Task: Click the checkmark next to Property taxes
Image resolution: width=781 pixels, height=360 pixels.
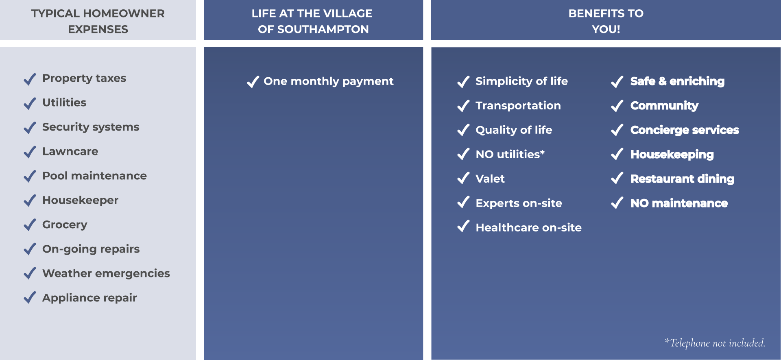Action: [30, 79]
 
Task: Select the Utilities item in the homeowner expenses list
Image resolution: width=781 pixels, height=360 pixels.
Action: [64, 103]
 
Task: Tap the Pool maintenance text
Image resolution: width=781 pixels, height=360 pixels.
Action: [94, 176]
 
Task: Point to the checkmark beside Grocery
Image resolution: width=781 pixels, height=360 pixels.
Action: [30, 225]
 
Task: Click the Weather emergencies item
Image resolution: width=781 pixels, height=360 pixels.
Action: [106, 274]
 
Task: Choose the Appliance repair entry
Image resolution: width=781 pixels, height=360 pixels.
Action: [89, 298]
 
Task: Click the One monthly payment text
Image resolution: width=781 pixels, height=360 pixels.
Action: [329, 82]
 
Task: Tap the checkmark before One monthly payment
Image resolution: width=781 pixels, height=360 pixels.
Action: [253, 82]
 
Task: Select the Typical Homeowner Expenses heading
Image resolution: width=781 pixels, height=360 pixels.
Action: [98, 21]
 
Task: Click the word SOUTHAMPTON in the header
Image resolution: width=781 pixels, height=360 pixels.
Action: [323, 29]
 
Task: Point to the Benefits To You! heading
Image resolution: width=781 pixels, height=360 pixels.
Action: [606, 21]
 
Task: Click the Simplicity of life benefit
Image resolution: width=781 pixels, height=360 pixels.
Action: [522, 81]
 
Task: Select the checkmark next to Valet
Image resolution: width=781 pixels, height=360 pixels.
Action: [463, 179]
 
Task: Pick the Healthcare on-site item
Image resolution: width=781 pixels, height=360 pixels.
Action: [529, 227]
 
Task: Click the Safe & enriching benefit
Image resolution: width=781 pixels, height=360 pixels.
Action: [677, 81]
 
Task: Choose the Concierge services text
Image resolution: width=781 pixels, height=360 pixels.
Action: [685, 130]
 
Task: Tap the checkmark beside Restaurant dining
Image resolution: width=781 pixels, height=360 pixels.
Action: [617, 179]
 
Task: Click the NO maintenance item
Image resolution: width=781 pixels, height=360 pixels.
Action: [679, 203]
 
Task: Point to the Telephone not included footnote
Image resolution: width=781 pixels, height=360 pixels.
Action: [715, 343]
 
